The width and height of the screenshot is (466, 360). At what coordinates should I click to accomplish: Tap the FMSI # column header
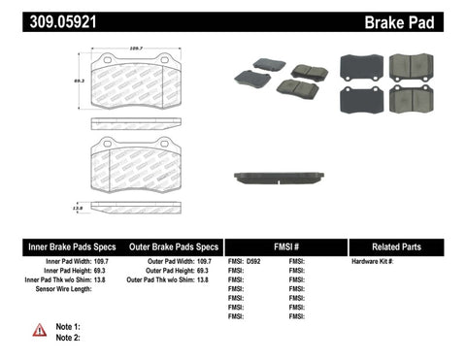coord(285,246)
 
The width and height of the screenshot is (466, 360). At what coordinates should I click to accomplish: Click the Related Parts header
coord(407,246)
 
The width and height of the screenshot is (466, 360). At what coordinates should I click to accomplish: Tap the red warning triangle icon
coord(40,330)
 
